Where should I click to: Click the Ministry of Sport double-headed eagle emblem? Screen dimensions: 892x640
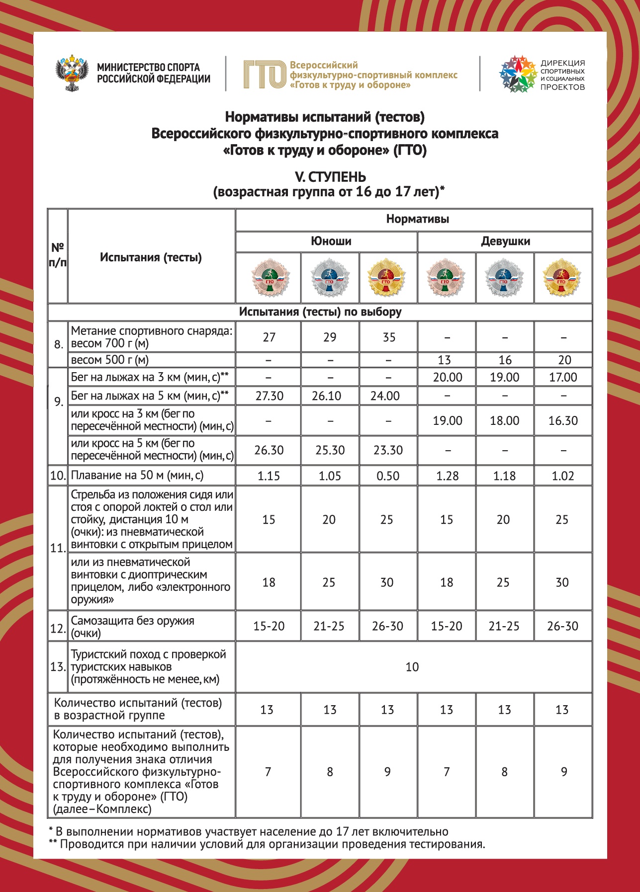click(72, 73)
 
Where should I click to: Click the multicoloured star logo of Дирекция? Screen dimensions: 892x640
click(518, 74)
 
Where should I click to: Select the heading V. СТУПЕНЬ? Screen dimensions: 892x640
click(330, 177)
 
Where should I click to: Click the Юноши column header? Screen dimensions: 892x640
click(331, 242)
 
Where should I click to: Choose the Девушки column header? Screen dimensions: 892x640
click(505, 242)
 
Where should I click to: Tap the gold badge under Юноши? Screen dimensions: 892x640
click(386, 277)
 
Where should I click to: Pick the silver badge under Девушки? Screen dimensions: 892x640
click(504, 277)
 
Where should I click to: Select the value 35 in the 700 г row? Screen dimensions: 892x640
click(389, 337)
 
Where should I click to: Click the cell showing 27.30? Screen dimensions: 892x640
click(269, 396)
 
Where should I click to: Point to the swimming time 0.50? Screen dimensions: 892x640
click(388, 476)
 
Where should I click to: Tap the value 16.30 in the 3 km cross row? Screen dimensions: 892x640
click(563, 421)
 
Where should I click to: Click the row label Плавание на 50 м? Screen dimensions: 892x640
click(137, 476)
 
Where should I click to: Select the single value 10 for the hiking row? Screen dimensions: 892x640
click(412, 667)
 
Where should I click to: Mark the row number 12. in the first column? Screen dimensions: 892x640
click(58, 629)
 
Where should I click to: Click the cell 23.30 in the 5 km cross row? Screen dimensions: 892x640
click(388, 450)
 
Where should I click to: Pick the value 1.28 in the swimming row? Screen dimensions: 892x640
click(447, 476)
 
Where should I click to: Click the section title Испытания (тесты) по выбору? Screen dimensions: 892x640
click(320, 312)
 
